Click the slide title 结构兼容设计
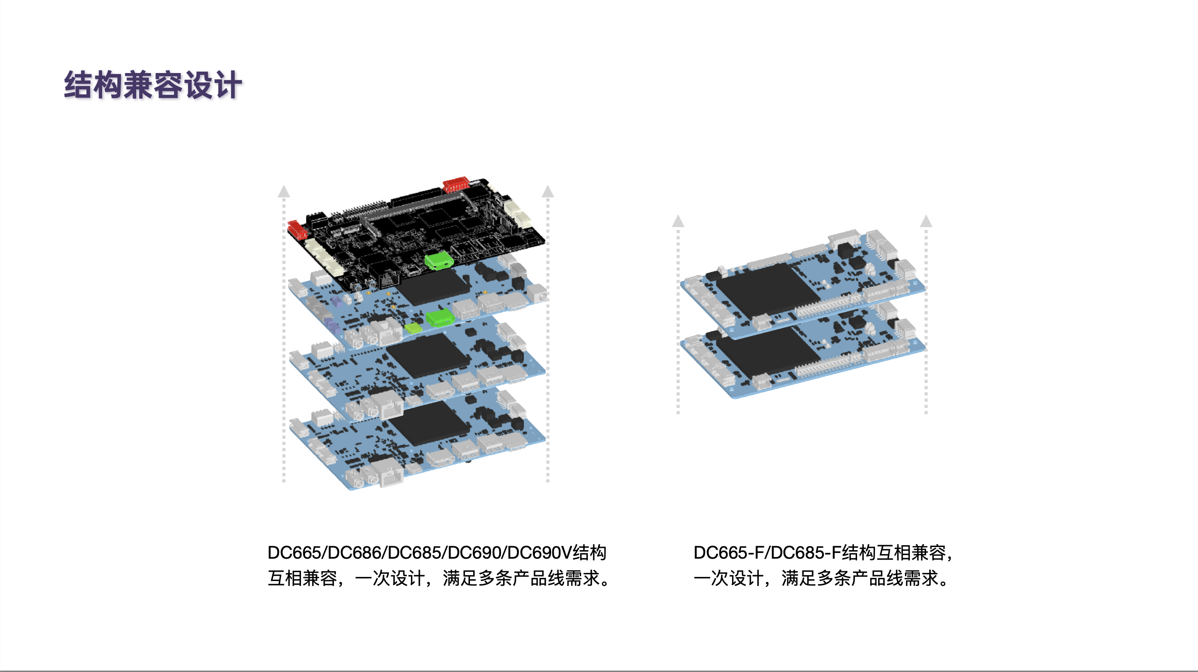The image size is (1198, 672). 152,85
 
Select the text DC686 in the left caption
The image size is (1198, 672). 354,552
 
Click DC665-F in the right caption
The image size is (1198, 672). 728,552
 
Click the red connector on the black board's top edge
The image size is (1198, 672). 455,184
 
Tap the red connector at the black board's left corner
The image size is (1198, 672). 297,229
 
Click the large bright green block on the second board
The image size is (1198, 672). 440,318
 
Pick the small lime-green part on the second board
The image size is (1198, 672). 413,328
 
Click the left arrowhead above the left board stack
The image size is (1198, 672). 284,191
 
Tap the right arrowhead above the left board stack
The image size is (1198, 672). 548,191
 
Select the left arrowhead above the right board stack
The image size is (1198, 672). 678,221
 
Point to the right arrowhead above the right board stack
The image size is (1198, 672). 926,221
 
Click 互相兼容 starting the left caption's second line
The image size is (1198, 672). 302,578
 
